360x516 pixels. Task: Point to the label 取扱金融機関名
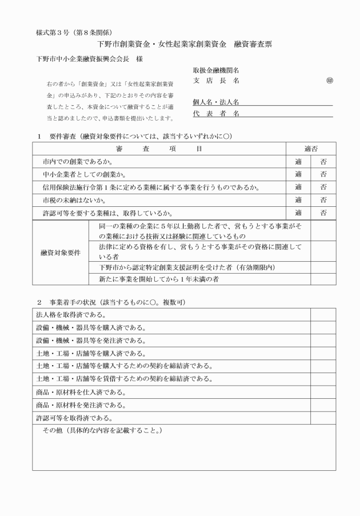pyautogui.click(x=216, y=70)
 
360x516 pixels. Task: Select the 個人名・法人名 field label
pyautogui.click(x=216, y=102)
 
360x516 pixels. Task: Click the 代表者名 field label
pyautogui.click(x=216, y=114)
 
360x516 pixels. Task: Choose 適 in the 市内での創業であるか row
pyautogui.click(x=298, y=162)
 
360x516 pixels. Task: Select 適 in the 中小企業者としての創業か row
pyautogui.click(x=298, y=174)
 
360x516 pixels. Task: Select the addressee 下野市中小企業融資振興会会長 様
pyautogui.click(x=90, y=58)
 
